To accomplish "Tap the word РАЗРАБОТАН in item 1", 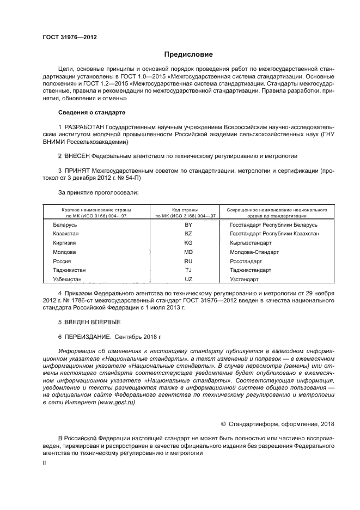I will pyautogui.click(x=85, y=127).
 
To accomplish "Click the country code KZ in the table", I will pyautogui.click(x=189, y=233).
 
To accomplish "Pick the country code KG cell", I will pyautogui.click(x=189, y=242).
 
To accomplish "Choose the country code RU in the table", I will pyautogui.click(x=189, y=261).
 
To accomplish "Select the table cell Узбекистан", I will pyautogui.click(x=67, y=279).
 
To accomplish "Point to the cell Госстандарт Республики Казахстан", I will pyautogui.click(x=274, y=233).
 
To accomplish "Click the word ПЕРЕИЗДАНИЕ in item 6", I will pyautogui.click(x=89, y=337).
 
